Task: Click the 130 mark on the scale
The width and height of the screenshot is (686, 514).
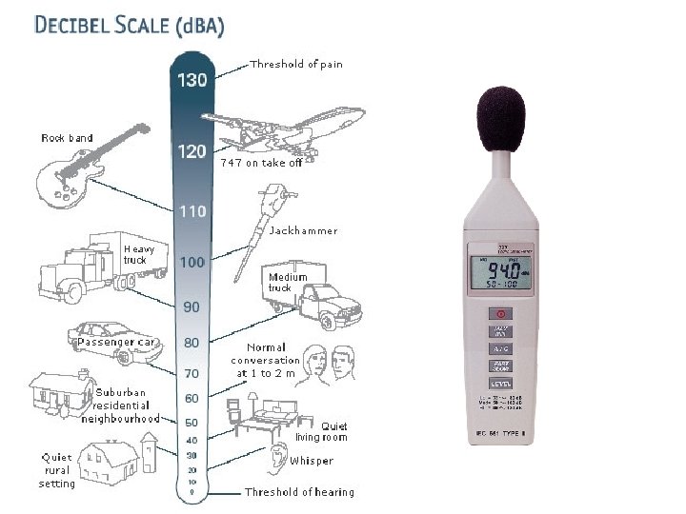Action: pyautogui.click(x=192, y=80)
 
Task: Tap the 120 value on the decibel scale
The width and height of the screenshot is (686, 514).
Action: pyautogui.click(x=192, y=151)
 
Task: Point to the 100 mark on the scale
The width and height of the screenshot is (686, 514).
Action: pyautogui.click(x=192, y=262)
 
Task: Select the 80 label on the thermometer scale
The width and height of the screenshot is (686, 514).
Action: pyautogui.click(x=192, y=342)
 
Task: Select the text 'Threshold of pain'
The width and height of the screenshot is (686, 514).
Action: pyautogui.click(x=295, y=65)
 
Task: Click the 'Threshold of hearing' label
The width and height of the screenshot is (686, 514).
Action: pyautogui.click(x=299, y=492)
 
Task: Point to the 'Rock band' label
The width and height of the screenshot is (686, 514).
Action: pyautogui.click(x=67, y=138)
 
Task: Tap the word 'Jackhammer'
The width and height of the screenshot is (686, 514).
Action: pyautogui.click(x=303, y=230)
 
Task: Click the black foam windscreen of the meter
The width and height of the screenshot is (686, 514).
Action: pyautogui.click(x=500, y=116)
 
